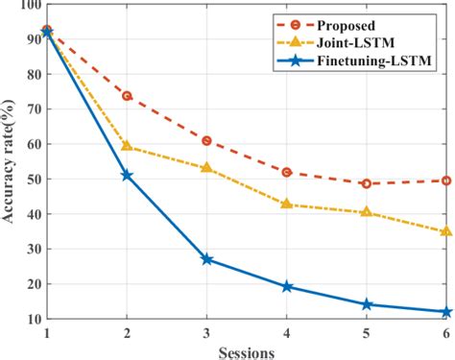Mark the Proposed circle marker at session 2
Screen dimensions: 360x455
(x=127, y=96)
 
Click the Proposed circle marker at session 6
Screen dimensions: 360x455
(x=446, y=180)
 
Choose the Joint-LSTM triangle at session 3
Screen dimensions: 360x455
(x=206, y=168)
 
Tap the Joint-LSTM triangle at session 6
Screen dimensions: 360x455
(x=446, y=231)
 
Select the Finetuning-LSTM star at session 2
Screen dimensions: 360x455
(x=127, y=176)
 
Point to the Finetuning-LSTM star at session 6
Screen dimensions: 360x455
(x=446, y=312)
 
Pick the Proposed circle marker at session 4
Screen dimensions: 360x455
(x=287, y=172)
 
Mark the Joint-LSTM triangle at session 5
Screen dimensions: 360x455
(x=367, y=212)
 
